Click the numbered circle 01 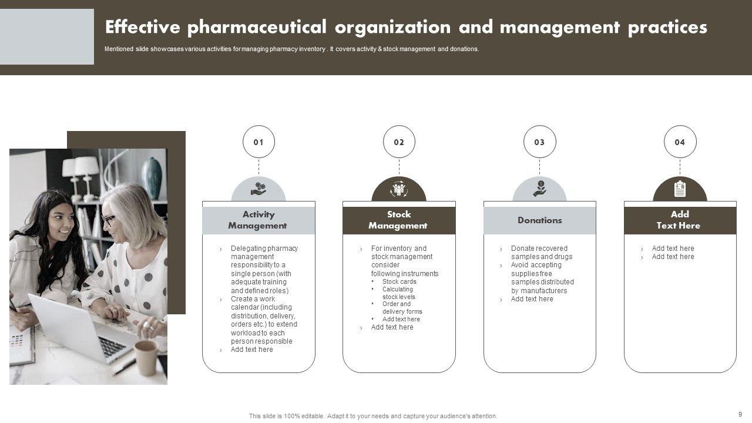pos(258,142)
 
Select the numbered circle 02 pos(399,142)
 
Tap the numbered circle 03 pos(539,142)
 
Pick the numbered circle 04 pos(680,142)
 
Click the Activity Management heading pos(258,220)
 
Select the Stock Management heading pos(399,220)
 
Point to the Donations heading pos(539,220)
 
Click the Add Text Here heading pos(679,220)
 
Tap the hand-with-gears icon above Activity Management pos(258,189)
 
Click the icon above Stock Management pos(399,189)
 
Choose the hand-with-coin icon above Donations pos(539,189)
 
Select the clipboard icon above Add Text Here pos(680,189)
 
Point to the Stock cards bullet pos(399,281)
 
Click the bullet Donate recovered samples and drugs pos(541,253)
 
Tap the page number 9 pos(740,414)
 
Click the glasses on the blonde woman pos(108,220)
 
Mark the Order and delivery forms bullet pos(402,308)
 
